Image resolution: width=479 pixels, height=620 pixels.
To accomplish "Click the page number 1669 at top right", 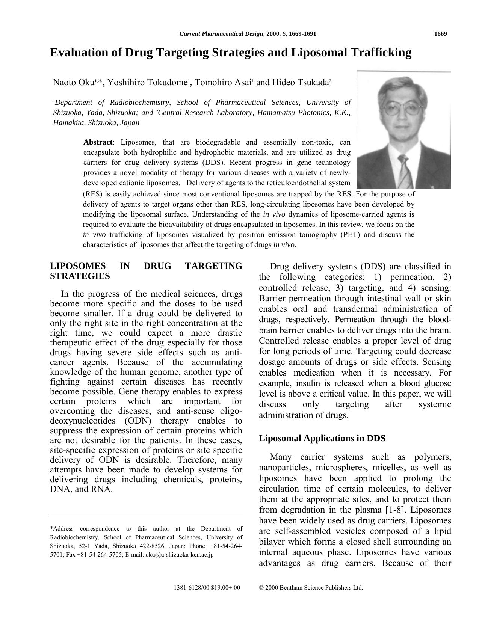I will [x=440, y=34].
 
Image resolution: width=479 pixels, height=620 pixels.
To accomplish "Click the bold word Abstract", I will [x=98, y=142].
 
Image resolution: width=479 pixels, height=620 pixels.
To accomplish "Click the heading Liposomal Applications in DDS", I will [x=322, y=438].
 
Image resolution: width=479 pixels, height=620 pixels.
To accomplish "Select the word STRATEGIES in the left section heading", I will [x=80, y=276].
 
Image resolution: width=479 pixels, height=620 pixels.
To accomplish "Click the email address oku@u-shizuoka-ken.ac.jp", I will [x=180, y=554].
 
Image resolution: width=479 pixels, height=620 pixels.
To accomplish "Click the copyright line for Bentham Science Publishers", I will [x=311, y=588].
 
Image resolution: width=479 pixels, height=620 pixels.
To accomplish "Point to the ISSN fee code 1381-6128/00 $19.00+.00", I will [x=207, y=588].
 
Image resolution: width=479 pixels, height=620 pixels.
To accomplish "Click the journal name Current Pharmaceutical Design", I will [x=221, y=34].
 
